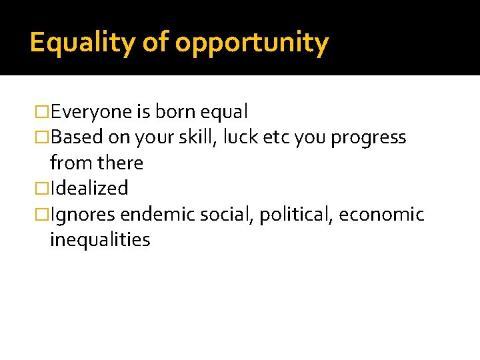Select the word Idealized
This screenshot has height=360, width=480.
(89, 189)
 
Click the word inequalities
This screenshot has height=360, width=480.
(100, 240)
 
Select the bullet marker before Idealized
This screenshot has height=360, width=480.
(43, 189)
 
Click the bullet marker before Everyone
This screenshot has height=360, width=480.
(43, 112)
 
